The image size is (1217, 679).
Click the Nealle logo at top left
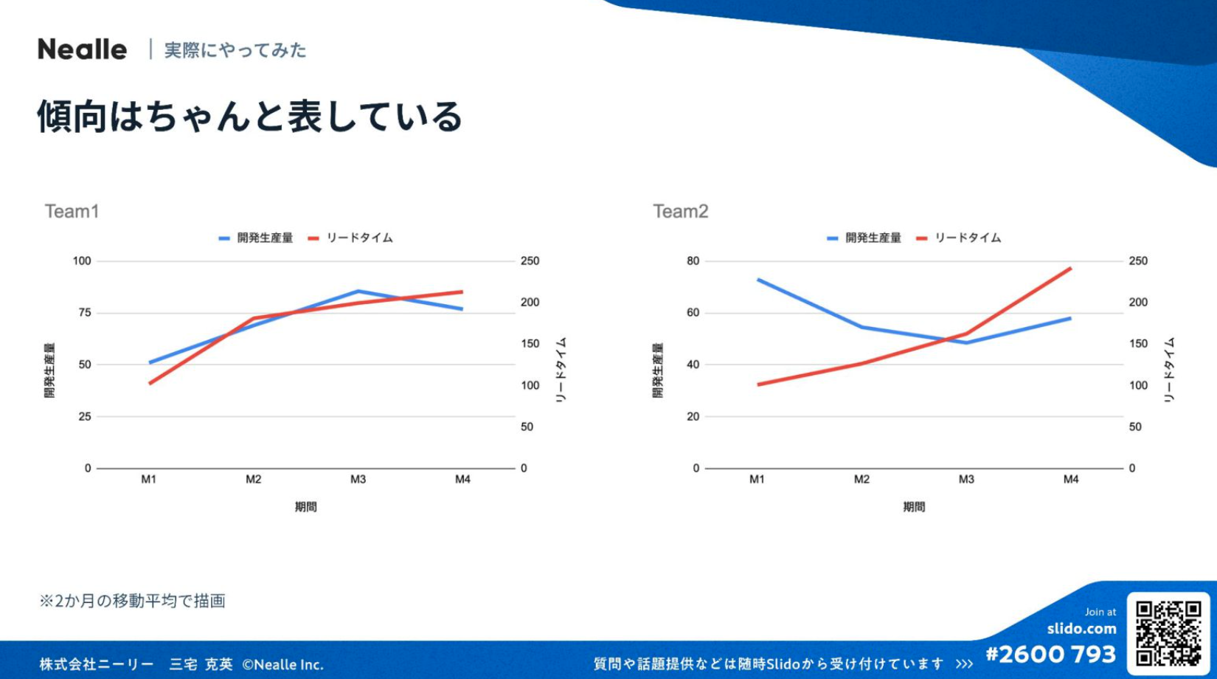pos(82,49)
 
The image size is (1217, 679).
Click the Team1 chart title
pos(72,212)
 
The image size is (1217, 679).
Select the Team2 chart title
pos(680,212)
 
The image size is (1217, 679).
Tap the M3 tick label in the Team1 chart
pos(358,480)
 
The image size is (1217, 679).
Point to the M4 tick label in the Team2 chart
pos(1071,480)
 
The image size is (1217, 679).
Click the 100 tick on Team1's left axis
pos(82,261)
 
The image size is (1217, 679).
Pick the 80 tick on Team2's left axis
pos(693,261)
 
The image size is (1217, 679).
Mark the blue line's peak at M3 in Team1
pos(358,291)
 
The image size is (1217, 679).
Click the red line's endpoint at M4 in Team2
pos(1071,268)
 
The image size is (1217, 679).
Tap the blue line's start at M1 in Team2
pos(757,280)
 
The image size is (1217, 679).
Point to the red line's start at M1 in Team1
pos(150,384)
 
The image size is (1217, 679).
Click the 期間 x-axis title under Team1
pos(305,507)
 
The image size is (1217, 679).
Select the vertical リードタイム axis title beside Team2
pos(1169,370)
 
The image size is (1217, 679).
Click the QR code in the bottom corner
pos(1168,634)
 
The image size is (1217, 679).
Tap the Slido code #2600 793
pos(1050,655)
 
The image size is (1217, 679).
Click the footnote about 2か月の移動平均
pos(133,601)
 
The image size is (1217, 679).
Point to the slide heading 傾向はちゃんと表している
pos(249,117)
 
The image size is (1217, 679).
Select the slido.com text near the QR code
pos(1081,629)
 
